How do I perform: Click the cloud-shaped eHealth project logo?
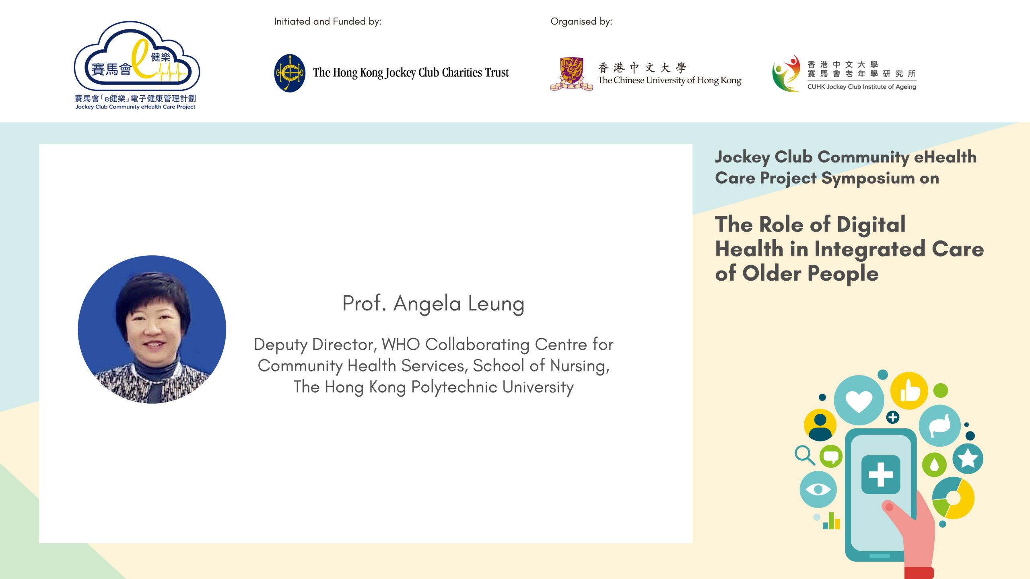point(137,56)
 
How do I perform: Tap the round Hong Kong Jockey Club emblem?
point(290,73)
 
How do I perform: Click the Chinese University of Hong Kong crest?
point(571,74)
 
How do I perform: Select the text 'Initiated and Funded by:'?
point(328,21)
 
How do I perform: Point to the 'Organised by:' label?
point(581,21)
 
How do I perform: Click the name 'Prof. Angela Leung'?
point(433,304)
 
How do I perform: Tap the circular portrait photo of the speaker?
point(152,329)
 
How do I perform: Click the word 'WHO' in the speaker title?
point(401,345)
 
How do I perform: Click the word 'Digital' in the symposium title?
point(871,225)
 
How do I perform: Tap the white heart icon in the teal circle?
point(859,401)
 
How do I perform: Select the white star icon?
point(968,458)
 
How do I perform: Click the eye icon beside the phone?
point(818,489)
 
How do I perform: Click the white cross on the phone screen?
point(881,474)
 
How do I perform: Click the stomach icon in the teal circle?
point(940,426)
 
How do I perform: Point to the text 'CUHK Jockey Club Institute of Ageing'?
point(861,87)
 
